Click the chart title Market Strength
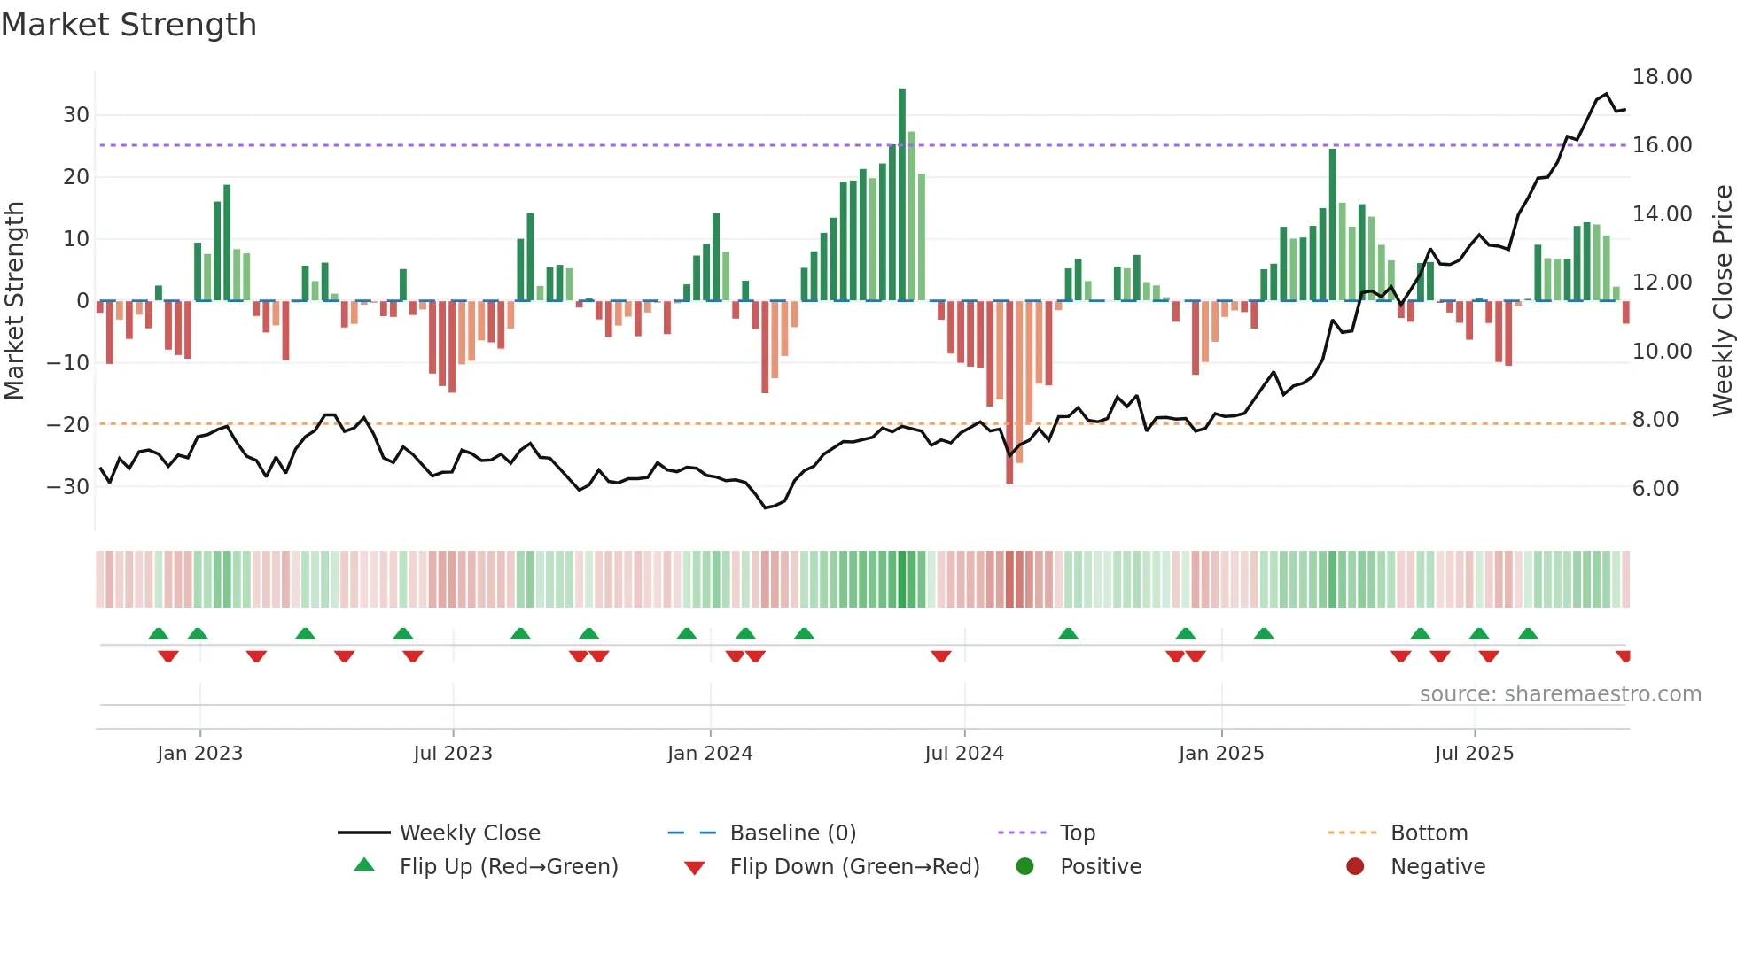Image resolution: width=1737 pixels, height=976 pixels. click(x=129, y=25)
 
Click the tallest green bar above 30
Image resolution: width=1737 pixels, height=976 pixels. click(x=902, y=195)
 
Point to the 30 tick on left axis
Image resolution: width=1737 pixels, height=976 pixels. click(x=76, y=115)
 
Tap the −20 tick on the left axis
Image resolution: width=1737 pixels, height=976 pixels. click(x=69, y=425)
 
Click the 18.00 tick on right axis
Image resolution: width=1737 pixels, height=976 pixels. click(x=1662, y=77)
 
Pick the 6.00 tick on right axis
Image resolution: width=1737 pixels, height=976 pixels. click(x=1655, y=489)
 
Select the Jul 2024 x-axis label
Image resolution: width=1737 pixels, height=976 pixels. click(x=964, y=754)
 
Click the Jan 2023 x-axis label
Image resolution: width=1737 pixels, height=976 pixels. click(x=199, y=754)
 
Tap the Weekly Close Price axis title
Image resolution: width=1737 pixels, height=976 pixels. click(x=1722, y=301)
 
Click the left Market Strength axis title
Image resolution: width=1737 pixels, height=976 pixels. click(x=14, y=301)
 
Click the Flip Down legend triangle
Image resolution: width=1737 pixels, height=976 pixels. click(x=695, y=868)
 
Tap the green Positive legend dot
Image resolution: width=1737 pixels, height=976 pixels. click(x=1025, y=867)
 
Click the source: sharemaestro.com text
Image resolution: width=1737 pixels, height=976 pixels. click(x=1560, y=694)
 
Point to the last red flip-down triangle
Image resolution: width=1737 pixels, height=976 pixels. click(x=1624, y=656)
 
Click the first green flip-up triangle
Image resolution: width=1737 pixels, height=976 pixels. click(x=159, y=633)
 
